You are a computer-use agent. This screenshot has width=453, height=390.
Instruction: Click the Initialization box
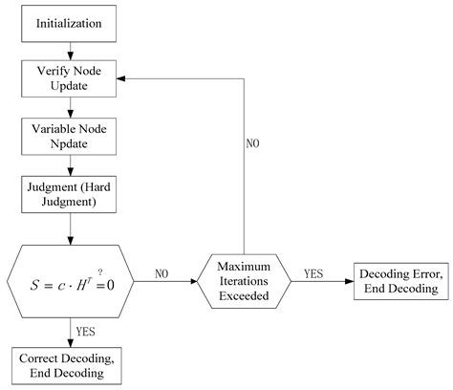pos(69,20)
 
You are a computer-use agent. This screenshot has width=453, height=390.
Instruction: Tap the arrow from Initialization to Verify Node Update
pos(69,47)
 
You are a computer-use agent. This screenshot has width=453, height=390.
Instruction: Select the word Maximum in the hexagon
pos(245,263)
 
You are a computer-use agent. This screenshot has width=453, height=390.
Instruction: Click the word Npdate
pos(69,141)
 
